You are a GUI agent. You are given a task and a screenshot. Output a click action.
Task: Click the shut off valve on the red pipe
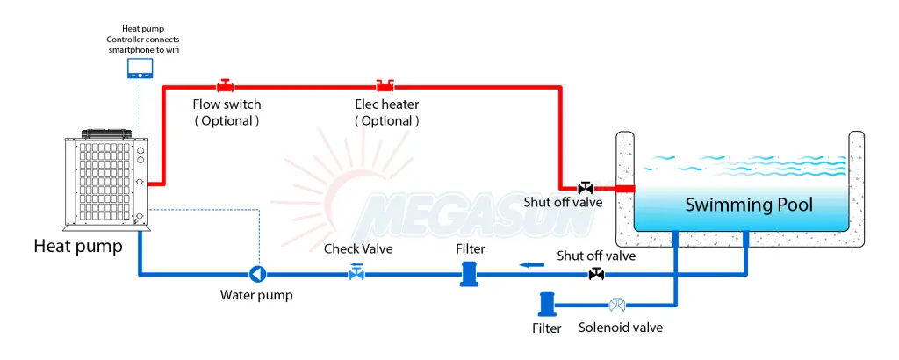point(586,187)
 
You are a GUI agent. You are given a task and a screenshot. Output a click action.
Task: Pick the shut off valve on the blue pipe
point(596,275)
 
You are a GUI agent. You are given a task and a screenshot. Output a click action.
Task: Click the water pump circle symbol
point(258,275)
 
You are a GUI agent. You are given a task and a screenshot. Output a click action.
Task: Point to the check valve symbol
point(356,274)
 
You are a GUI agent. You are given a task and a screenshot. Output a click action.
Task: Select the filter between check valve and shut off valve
point(470,273)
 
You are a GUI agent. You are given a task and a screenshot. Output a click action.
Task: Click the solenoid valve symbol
point(617,305)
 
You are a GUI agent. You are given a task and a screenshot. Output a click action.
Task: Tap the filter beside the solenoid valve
point(546,304)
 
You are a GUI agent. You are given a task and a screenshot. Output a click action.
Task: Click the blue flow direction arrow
point(529,263)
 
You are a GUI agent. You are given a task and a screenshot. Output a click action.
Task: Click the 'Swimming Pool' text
point(749,205)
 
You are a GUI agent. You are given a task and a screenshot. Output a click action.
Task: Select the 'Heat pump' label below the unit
point(78,247)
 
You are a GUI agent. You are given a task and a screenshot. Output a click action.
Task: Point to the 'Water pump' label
point(256,295)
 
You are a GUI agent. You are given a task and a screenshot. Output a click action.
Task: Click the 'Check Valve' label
point(358,248)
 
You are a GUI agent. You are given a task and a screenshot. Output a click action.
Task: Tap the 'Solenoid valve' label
point(621,328)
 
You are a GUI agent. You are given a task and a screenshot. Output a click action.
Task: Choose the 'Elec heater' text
point(386,104)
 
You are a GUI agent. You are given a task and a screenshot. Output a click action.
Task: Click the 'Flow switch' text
point(227,104)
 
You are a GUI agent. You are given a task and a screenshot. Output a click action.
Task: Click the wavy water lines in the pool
point(742,165)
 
